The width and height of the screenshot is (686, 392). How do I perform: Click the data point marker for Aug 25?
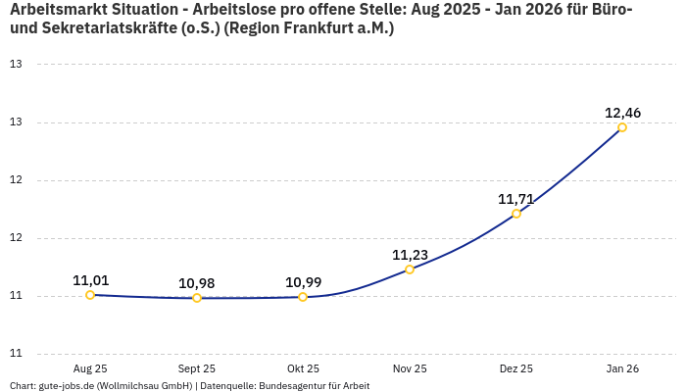90,295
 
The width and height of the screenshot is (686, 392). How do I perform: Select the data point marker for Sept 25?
197,298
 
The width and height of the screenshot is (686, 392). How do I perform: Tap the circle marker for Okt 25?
303,297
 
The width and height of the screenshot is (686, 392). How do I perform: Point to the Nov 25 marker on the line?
410,269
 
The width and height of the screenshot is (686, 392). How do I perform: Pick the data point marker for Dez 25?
516,214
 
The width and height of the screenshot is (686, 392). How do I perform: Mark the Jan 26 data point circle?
622,127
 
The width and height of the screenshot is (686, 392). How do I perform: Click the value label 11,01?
90,280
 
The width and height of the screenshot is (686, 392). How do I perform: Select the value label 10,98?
197,283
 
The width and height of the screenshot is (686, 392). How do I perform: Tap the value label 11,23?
410,255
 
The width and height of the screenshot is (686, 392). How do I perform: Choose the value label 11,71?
516,199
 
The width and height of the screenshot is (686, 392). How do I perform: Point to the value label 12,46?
622,113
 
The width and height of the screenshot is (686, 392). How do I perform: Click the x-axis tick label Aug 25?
90,368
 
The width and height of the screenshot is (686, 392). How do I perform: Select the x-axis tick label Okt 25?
303,368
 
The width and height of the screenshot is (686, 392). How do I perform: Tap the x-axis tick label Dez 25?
516,368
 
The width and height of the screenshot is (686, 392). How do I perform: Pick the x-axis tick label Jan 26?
622,368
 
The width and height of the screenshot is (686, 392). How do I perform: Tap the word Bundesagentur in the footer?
293,386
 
